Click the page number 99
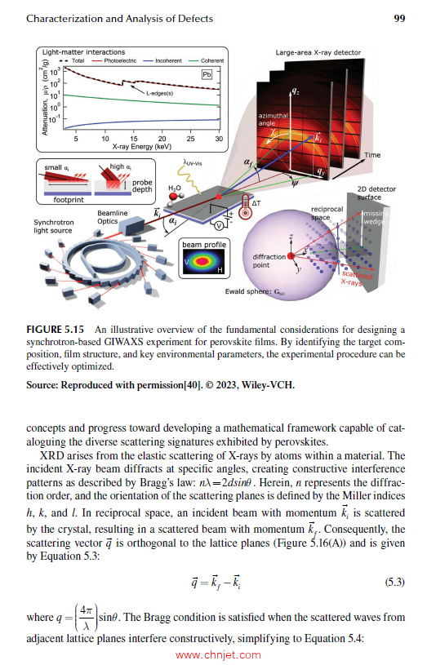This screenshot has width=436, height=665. (x=400, y=19)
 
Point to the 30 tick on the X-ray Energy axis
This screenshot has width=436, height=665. (x=220, y=139)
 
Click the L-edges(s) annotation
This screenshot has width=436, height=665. (x=161, y=94)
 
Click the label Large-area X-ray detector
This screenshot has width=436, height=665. (x=316, y=53)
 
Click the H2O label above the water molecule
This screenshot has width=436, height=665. (x=174, y=187)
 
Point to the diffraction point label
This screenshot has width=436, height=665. (x=269, y=261)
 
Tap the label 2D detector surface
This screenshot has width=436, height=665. (x=376, y=193)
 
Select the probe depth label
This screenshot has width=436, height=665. (x=141, y=184)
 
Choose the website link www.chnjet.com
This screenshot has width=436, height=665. (x=218, y=654)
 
